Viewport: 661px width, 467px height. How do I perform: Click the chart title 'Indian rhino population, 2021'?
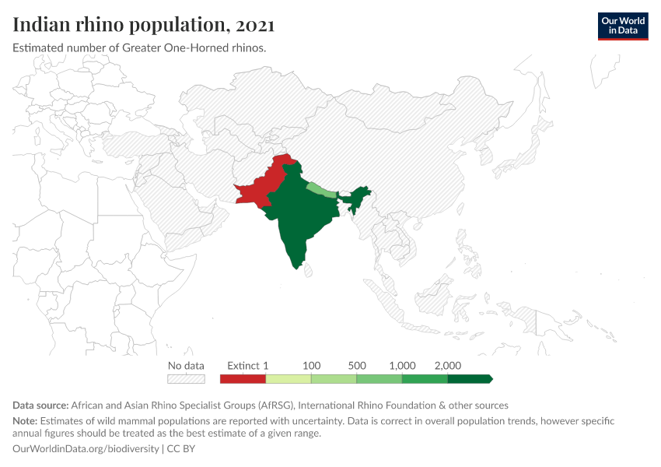(143, 25)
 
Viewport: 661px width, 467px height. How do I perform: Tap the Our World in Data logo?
(622, 26)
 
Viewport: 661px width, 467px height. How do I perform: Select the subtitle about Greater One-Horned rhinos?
(140, 48)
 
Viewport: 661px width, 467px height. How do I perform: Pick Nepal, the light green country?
(320, 189)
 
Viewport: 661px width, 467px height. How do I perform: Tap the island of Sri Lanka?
(308, 269)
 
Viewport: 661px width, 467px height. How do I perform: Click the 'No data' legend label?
(186, 365)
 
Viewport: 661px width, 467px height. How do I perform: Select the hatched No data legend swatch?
(186, 379)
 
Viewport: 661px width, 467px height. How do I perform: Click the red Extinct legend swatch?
(243, 379)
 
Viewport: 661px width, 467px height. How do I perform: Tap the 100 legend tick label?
(311, 365)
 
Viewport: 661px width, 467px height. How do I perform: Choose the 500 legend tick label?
(357, 365)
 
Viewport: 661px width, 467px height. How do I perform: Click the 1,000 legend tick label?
(402, 365)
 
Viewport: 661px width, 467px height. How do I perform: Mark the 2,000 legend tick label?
(448, 365)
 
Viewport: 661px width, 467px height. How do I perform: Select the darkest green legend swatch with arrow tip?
(470, 379)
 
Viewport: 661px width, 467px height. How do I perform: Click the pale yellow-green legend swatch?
(289, 379)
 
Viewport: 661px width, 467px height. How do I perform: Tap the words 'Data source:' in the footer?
(40, 406)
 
